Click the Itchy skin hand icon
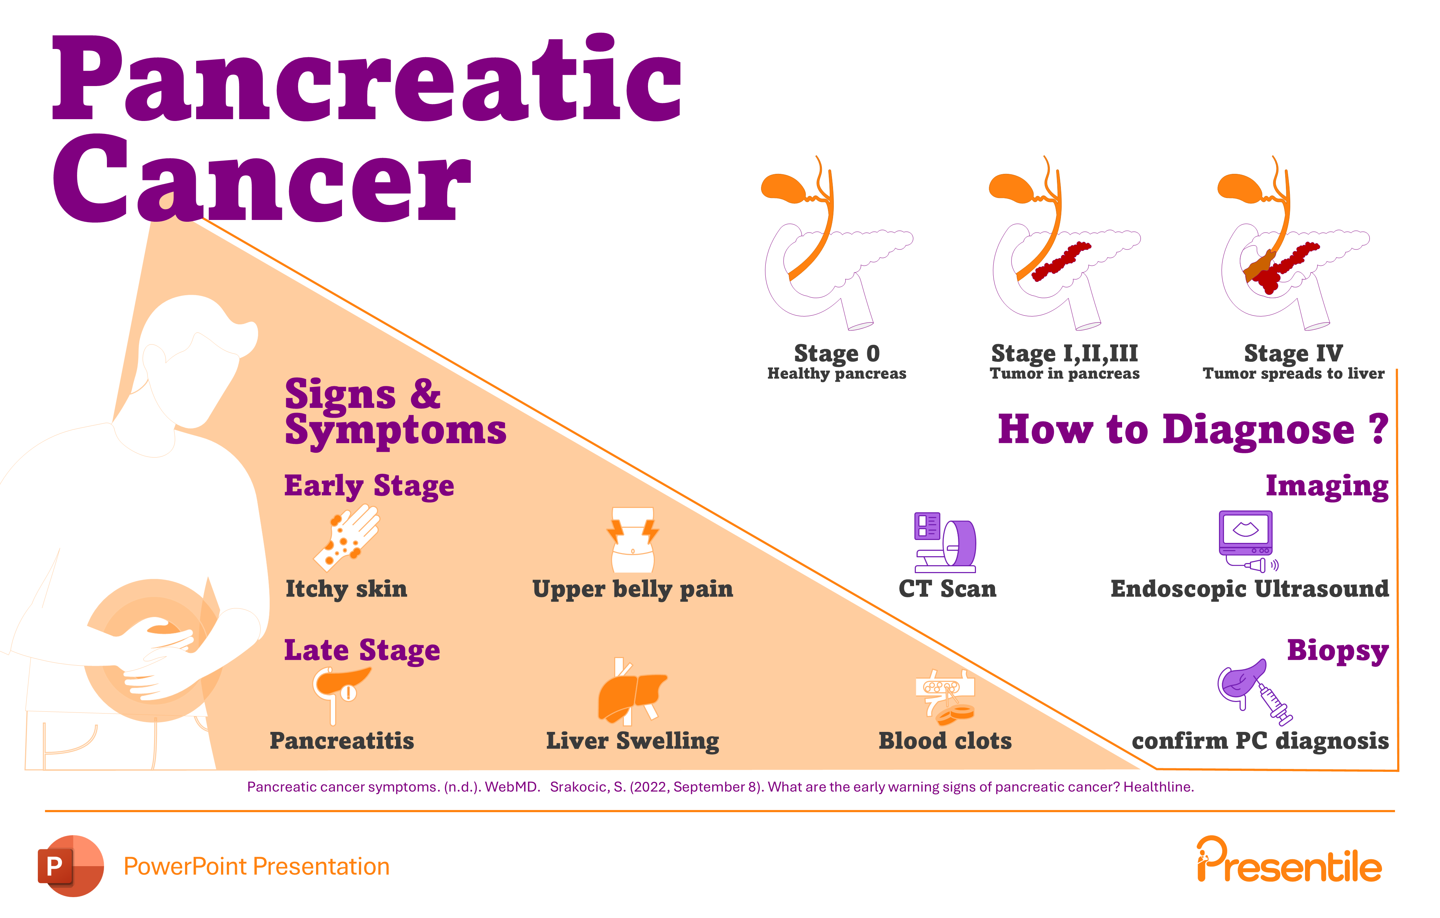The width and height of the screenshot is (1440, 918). tap(347, 538)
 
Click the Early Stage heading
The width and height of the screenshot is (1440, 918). tap(369, 486)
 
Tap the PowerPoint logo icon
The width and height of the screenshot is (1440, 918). tap(71, 866)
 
